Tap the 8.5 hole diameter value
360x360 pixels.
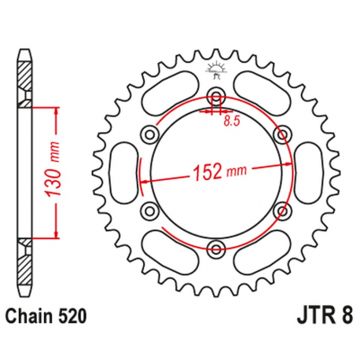click(x=230, y=121)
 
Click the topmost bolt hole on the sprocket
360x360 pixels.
click(x=216, y=97)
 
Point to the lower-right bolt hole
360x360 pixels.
click(x=281, y=210)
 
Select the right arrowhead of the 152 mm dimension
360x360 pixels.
click(x=288, y=164)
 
